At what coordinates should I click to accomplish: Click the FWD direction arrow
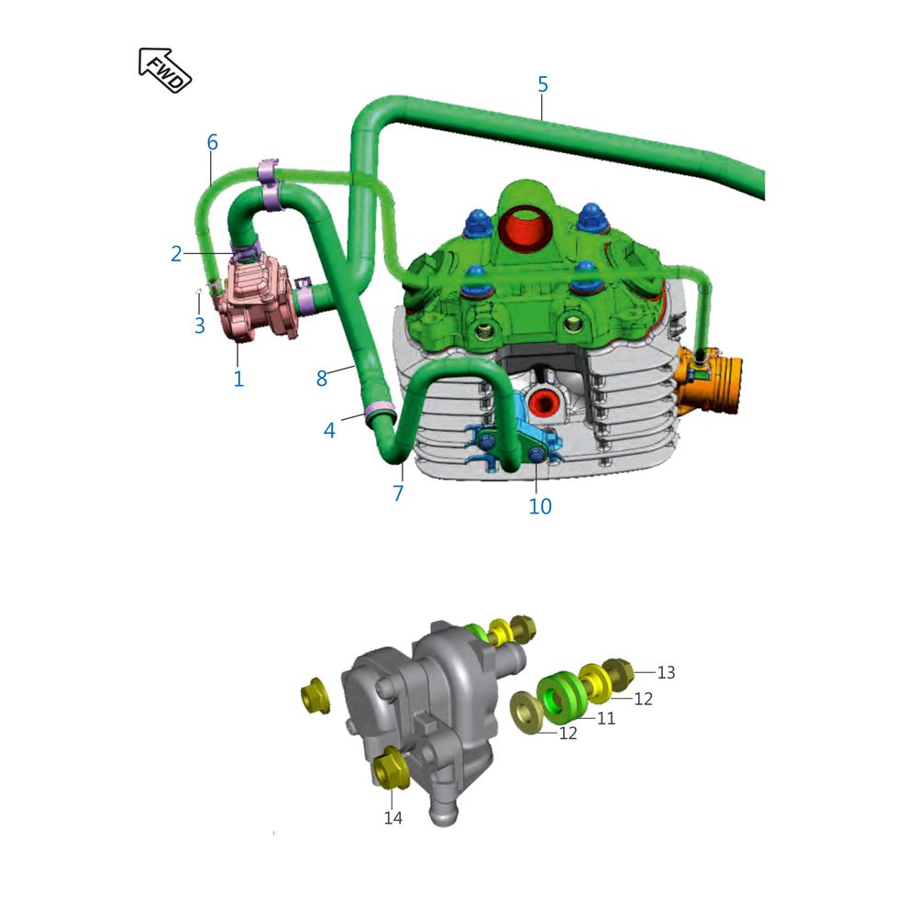point(164,71)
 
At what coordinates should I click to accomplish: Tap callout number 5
point(543,84)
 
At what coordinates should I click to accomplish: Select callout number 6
point(213,142)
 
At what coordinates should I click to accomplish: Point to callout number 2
point(176,254)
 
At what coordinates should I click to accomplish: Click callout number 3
point(199,326)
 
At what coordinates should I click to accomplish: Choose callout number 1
point(238,379)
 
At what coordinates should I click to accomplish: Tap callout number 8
point(322,379)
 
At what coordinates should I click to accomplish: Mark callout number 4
point(329,431)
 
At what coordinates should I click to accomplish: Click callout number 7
point(398,493)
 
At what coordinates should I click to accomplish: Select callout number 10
point(540,506)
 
